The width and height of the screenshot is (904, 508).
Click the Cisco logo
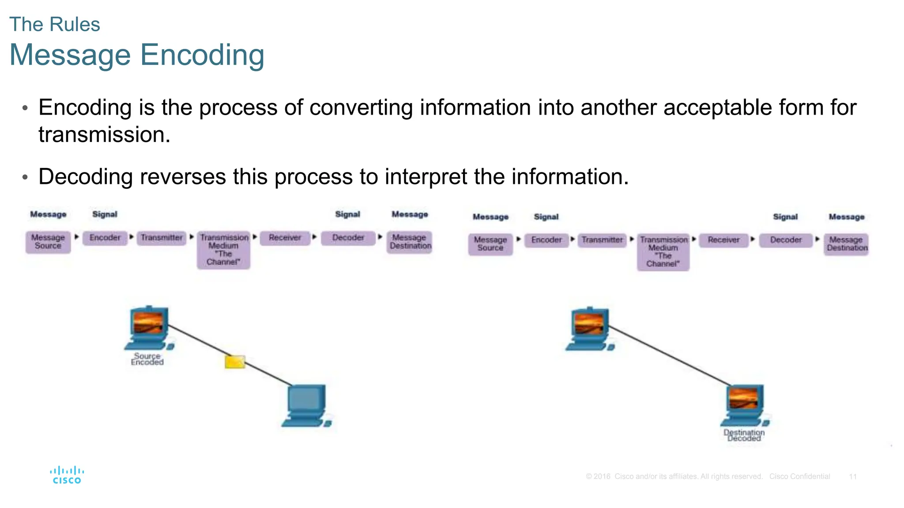pos(67,475)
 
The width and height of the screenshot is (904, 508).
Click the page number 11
pos(853,477)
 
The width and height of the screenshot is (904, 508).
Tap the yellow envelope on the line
pos(235,362)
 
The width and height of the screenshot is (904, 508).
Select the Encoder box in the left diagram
pos(105,238)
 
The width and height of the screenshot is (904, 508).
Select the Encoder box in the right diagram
pos(546,240)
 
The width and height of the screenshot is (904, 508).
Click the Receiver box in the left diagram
pos(285,238)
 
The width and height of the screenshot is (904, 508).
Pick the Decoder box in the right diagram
pos(786,240)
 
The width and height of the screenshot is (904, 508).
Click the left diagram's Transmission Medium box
pos(224,250)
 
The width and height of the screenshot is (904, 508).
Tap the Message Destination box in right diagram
pos(846,244)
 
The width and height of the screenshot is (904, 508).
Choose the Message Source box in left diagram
pos(48,242)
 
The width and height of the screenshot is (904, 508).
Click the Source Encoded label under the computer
pos(147,359)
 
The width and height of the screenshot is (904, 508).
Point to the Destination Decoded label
pos(744,435)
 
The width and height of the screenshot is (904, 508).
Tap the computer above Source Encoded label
pos(149,329)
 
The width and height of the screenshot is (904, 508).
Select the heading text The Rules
pos(55,24)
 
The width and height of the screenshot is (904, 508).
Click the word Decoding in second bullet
pos(85,177)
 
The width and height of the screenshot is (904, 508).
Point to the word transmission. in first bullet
pos(104,134)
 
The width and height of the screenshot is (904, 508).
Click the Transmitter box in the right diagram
pos(602,240)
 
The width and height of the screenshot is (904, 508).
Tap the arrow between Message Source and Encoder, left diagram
pos(77,237)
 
